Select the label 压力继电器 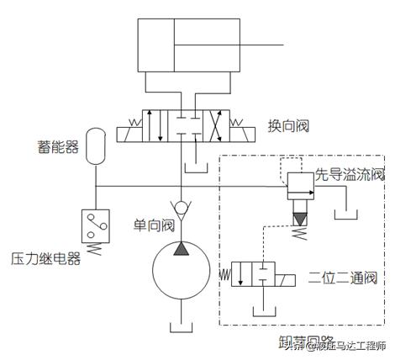coord(47,258)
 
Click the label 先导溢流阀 coord(349,176)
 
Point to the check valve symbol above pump coord(181,207)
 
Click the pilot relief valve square coord(298,186)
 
